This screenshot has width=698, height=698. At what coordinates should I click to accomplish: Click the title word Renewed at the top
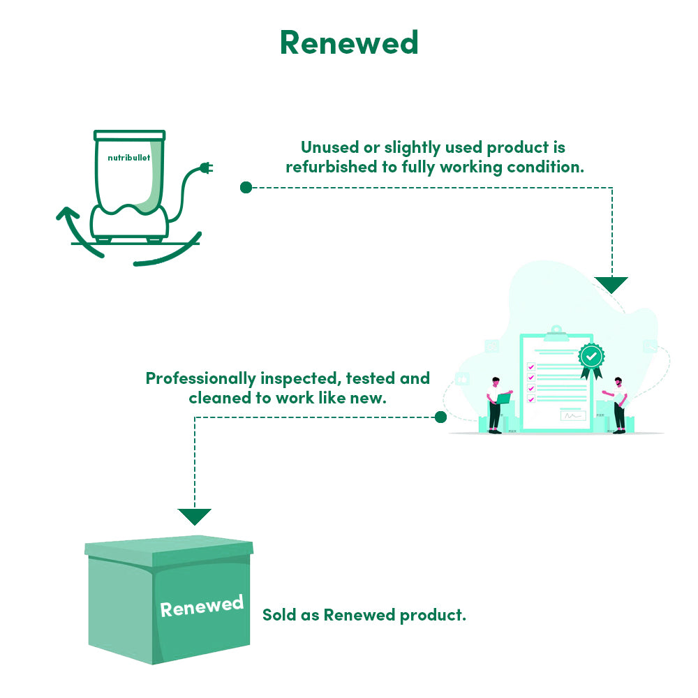pos(349,43)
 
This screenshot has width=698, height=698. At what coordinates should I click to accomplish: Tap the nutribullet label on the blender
pos(129,158)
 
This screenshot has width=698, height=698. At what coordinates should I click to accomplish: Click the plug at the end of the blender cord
pos(206,168)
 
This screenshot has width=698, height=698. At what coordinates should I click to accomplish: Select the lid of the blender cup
pos(130,134)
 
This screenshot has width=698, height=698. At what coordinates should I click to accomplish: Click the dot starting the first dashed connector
pos(246,187)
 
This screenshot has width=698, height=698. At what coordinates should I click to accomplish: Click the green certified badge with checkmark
pos(591,357)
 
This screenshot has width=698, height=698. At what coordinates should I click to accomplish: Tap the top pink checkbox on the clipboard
pos(530,366)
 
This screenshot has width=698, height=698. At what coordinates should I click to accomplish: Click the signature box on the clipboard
pos(573,416)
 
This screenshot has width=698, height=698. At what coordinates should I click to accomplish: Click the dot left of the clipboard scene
pos(440,417)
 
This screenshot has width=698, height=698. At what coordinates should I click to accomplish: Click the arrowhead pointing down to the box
pos(194,517)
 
